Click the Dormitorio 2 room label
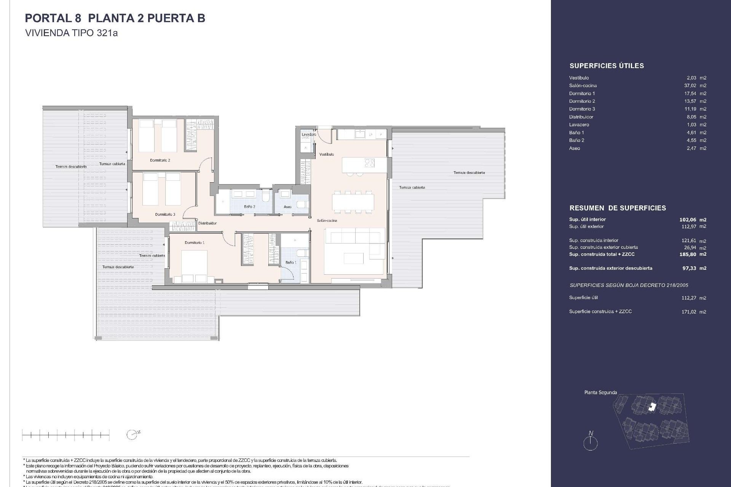click(160, 160)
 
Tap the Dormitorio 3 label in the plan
click(165, 214)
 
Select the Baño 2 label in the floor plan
click(249, 207)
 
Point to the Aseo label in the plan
click(287, 207)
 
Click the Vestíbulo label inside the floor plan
click(326, 154)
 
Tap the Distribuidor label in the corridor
click(207, 223)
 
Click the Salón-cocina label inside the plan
click(327, 220)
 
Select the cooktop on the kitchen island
click(369, 163)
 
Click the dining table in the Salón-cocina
click(353, 202)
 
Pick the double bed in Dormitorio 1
click(194, 263)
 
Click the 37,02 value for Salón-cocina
click(690, 86)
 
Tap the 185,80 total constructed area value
click(688, 254)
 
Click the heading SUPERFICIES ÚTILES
click(607, 66)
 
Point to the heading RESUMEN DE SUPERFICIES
click(618, 208)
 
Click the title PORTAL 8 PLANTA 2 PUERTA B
click(115, 18)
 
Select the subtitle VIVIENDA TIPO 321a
click(71, 33)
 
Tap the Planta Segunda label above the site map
click(600, 392)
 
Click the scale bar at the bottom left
click(65, 434)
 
